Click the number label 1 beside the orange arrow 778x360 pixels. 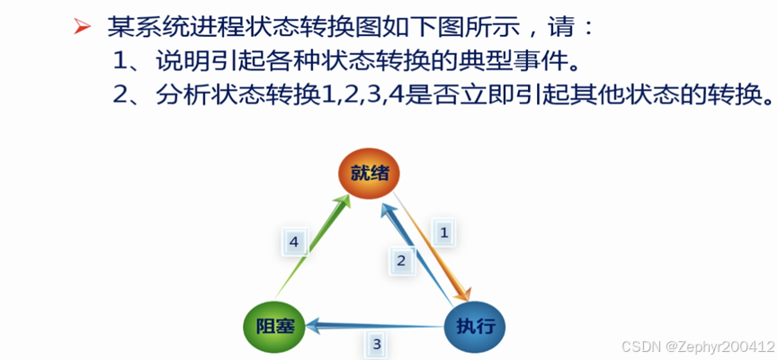click(x=443, y=231)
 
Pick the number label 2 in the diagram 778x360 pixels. click(x=402, y=261)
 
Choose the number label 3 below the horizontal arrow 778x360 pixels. click(x=377, y=343)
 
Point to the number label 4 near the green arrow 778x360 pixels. click(x=294, y=240)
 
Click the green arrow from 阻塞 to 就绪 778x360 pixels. click(x=315, y=245)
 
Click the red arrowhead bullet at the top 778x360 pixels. click(x=82, y=29)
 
